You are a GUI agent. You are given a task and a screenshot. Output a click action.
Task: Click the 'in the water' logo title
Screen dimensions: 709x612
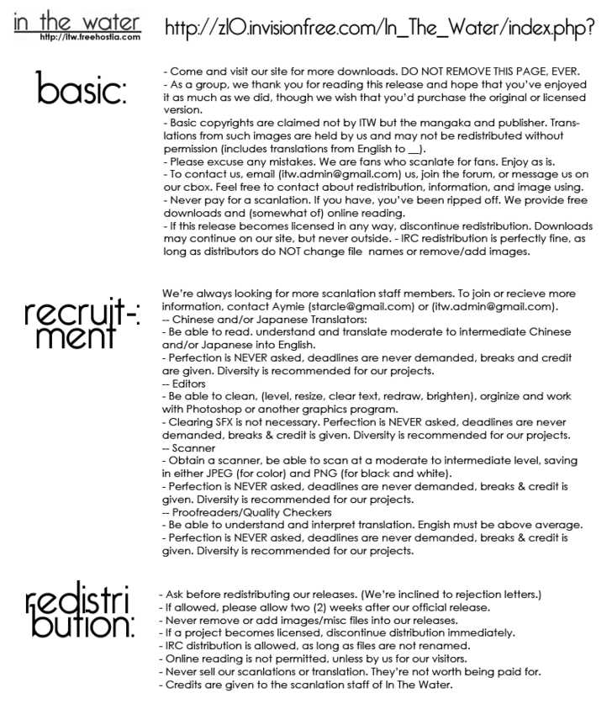point(77,20)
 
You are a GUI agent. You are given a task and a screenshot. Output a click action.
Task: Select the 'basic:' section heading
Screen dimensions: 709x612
point(82,89)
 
